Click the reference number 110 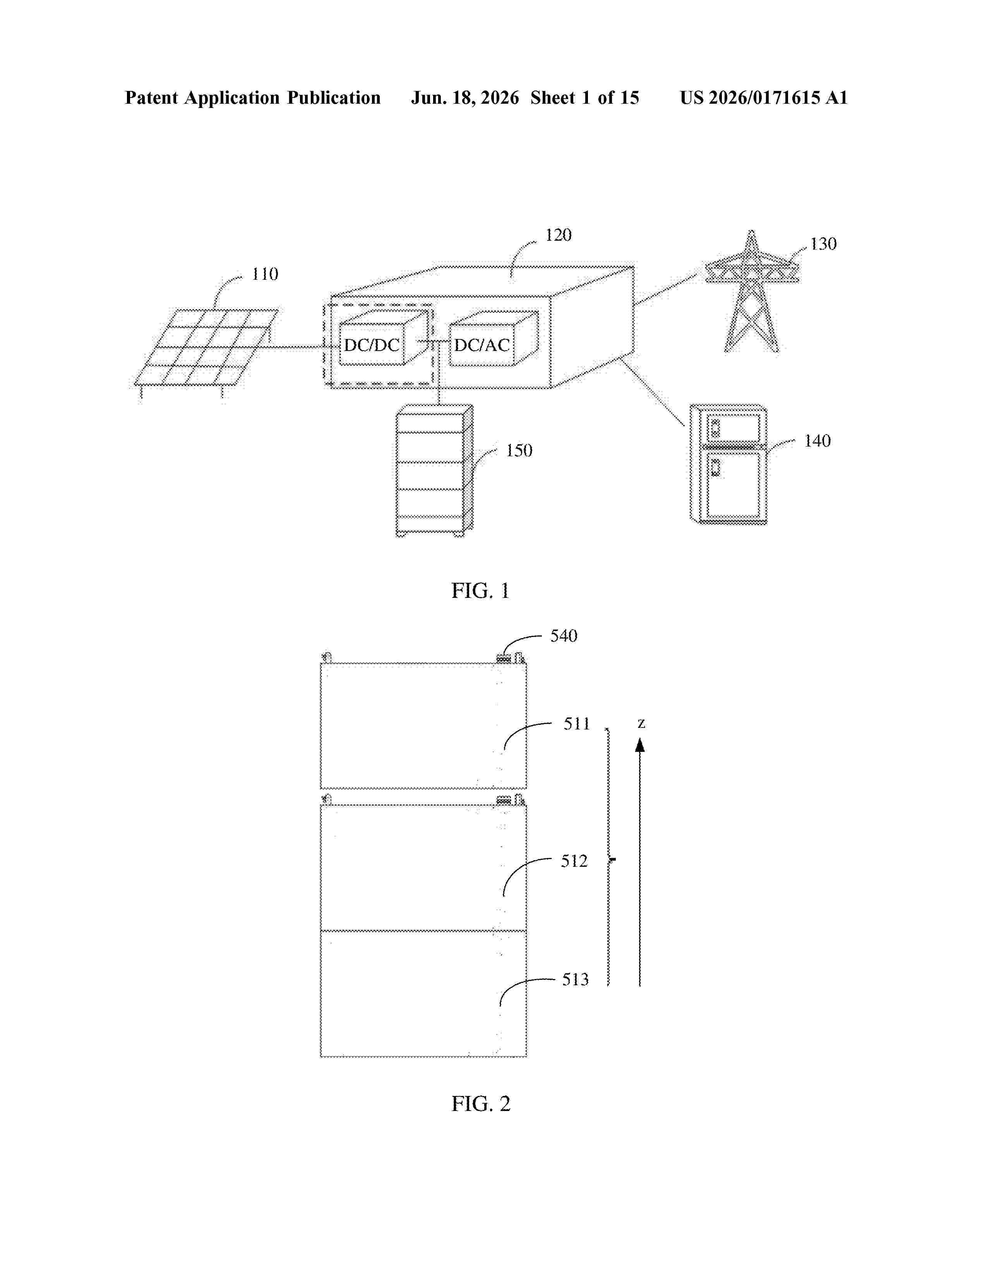pyautogui.click(x=265, y=274)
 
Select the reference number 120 pyautogui.click(x=559, y=235)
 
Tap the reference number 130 pyautogui.click(x=823, y=244)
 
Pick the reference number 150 pyautogui.click(x=519, y=451)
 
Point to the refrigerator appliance pyautogui.click(x=728, y=464)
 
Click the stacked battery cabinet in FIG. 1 pyautogui.click(x=434, y=471)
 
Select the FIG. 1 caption pyautogui.click(x=481, y=591)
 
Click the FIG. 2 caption pyautogui.click(x=481, y=1104)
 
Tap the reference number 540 pyautogui.click(x=564, y=636)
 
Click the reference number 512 pyautogui.click(x=574, y=861)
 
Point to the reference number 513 pyautogui.click(x=575, y=980)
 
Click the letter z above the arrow pyautogui.click(x=641, y=724)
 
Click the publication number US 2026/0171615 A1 pyautogui.click(x=764, y=98)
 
